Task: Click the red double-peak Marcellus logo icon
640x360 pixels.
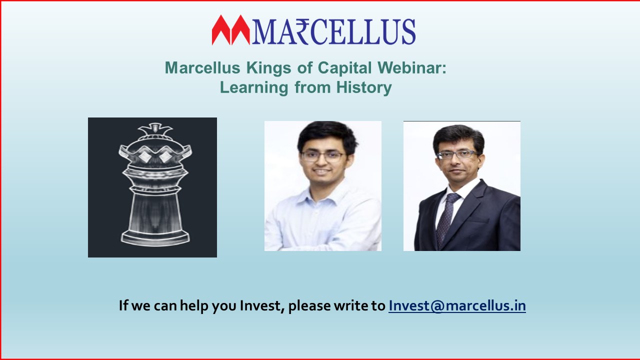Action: coord(231,30)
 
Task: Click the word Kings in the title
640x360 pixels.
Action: coord(269,68)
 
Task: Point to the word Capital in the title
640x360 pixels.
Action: coord(345,68)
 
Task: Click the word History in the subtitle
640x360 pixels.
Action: coord(364,87)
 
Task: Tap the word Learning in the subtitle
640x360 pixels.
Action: coord(254,87)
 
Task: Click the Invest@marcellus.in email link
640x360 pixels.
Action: coord(457,305)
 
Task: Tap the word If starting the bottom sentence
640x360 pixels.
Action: coord(123,305)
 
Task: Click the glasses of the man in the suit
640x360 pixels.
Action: coord(456,155)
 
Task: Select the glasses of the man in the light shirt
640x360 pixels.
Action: coord(323,156)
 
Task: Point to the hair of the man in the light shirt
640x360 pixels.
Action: coord(327,135)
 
